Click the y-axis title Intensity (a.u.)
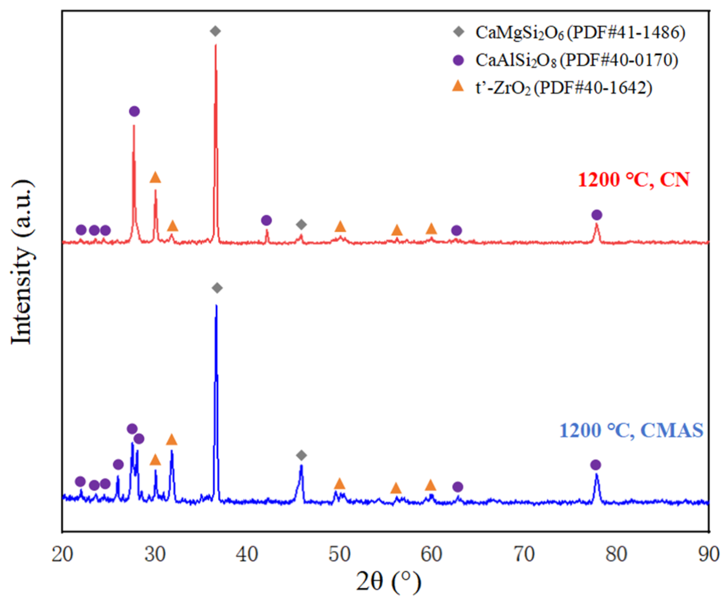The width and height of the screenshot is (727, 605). (x=22, y=262)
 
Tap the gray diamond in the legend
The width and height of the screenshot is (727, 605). (x=459, y=32)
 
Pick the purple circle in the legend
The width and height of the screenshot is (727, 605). (x=458, y=60)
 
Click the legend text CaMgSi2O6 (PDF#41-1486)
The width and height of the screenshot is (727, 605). (x=580, y=33)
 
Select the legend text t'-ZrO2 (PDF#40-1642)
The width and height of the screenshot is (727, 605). (x=564, y=88)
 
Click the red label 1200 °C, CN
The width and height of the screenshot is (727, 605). (x=633, y=180)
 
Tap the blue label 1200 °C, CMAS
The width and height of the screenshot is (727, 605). (x=631, y=430)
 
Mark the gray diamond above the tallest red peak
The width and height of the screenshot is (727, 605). (x=215, y=31)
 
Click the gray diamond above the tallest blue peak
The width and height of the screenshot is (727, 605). (x=217, y=288)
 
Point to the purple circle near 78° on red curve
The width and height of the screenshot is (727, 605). (x=597, y=215)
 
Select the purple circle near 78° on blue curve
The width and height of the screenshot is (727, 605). (x=595, y=465)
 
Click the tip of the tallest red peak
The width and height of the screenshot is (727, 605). (x=216, y=45)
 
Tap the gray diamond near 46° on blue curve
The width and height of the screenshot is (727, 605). (x=302, y=455)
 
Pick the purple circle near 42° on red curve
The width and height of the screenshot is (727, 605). (x=266, y=220)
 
